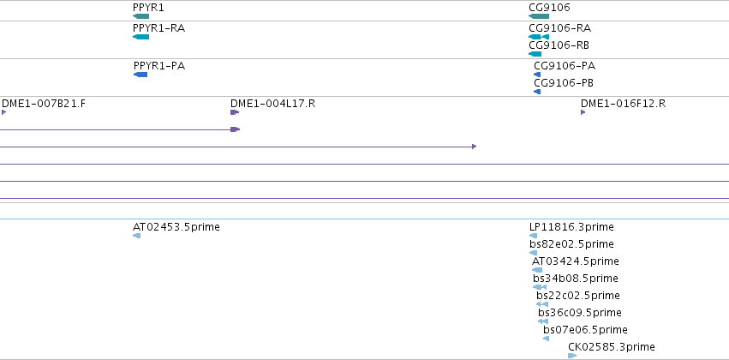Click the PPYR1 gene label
coord(148,8)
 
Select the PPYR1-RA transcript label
coord(158,28)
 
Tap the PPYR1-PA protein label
coord(159,66)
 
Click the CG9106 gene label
coord(549,8)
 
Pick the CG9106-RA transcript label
coord(559,28)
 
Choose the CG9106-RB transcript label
coord(559,45)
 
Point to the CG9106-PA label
coord(565,66)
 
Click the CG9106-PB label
coord(564,83)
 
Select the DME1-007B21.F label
coord(44,103)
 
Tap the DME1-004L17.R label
coord(273,103)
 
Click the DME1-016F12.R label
coord(623,103)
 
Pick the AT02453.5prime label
coord(176,227)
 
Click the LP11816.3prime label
coord(571,227)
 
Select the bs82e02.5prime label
coord(571,244)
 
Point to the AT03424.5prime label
coord(576,261)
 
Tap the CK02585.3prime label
coord(612,347)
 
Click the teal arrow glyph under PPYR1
coord(140,16)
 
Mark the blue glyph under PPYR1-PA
coord(140,75)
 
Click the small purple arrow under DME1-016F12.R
coord(583,112)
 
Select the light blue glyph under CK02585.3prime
coord(572,356)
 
